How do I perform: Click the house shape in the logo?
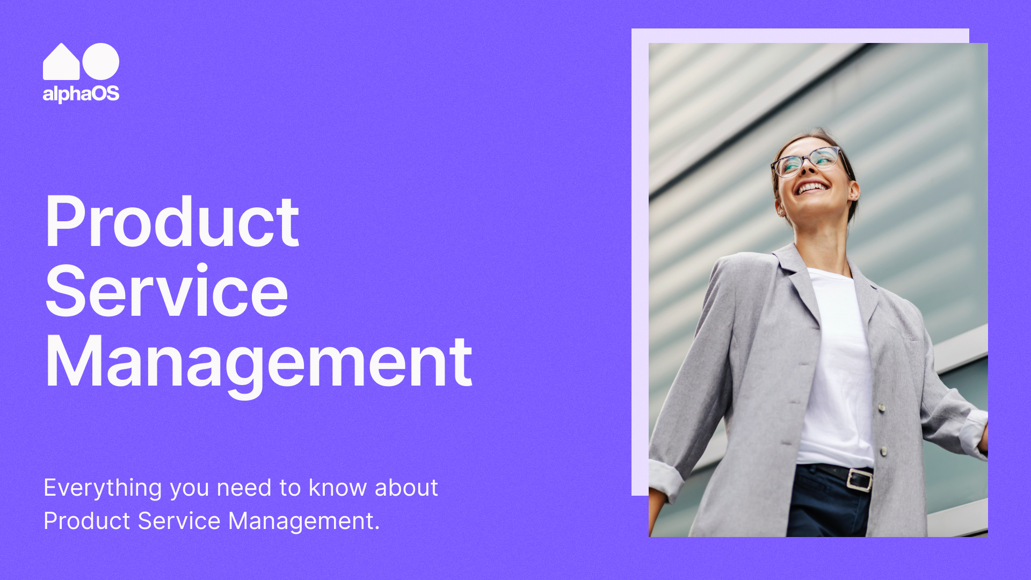coord(61,63)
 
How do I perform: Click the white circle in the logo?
coord(101,61)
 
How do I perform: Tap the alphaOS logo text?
coord(81,94)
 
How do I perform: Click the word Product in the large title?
coord(172,221)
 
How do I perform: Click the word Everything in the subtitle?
coord(103,488)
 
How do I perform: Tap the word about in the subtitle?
coord(406,488)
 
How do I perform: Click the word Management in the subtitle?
coord(304,521)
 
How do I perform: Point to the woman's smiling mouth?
coord(812,187)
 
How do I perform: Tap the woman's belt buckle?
coord(859,479)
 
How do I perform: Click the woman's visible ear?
coord(853,191)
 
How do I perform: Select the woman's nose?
coord(807,170)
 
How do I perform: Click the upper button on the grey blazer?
coord(882,408)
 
